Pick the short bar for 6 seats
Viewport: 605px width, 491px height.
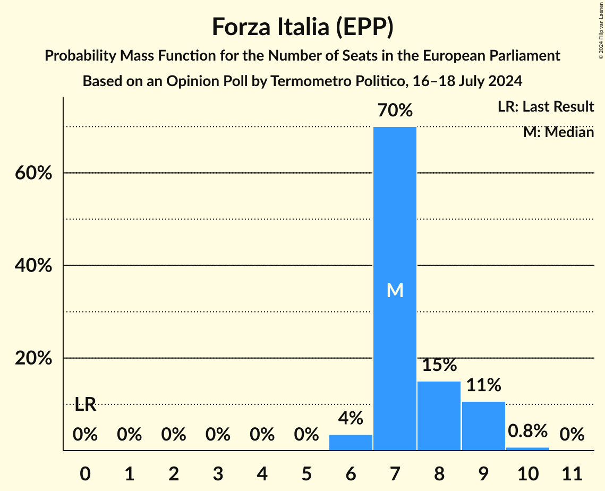click(x=351, y=442)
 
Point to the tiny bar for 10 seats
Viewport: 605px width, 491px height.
click(x=527, y=448)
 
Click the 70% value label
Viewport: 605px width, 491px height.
click(x=395, y=111)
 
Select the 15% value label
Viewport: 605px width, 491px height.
click(x=439, y=366)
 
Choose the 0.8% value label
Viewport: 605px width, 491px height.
click(x=527, y=430)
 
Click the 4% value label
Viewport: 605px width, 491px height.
click(x=351, y=418)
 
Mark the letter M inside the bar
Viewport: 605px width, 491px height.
click(x=395, y=290)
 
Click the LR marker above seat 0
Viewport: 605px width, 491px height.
click(x=85, y=405)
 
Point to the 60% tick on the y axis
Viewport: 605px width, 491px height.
click(x=33, y=173)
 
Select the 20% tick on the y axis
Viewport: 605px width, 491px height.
click(x=33, y=359)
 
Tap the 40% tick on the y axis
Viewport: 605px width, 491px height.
click(x=33, y=266)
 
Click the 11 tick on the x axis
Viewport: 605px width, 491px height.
click(x=572, y=473)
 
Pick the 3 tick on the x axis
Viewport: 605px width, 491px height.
click(x=218, y=473)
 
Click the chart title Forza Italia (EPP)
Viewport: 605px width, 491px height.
click(x=302, y=27)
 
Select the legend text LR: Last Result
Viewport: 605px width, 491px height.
click(x=546, y=107)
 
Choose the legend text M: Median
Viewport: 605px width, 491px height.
click(x=558, y=132)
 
